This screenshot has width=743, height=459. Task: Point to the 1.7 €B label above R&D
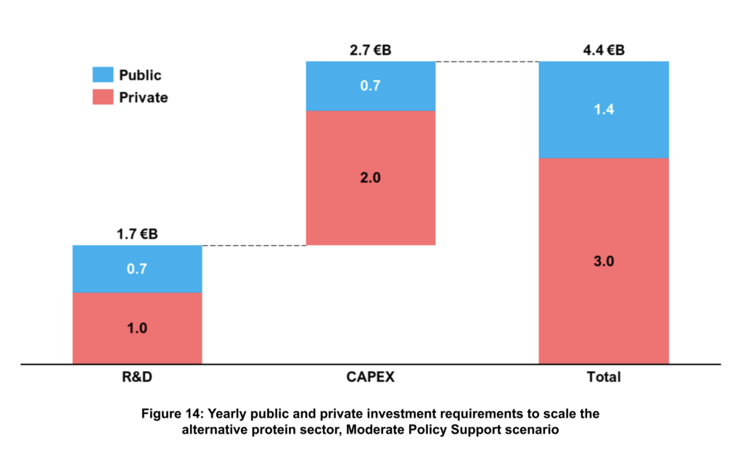coord(137,234)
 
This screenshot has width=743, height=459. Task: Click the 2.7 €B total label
coord(371,51)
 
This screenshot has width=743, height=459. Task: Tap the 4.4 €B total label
coord(603,51)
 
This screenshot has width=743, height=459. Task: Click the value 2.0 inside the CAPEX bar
coord(371,178)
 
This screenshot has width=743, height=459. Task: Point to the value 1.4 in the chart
coord(603,109)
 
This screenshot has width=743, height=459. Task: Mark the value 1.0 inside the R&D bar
coord(137,328)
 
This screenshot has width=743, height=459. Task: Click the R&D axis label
coord(137,377)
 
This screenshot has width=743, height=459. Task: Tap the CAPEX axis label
coord(371,377)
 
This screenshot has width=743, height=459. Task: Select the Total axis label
coord(603,377)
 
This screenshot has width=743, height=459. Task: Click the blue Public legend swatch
coord(103,75)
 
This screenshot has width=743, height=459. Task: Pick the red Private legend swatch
coord(103,96)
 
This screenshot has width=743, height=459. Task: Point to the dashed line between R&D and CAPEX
coord(254,246)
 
